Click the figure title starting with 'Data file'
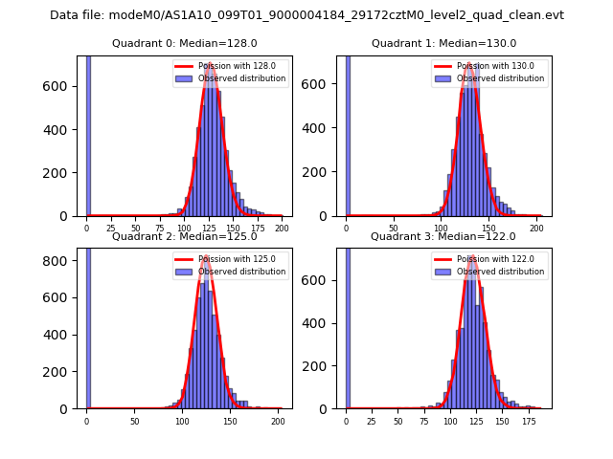[x=306, y=15]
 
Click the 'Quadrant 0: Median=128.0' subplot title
[x=184, y=43]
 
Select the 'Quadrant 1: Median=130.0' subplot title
[x=443, y=43]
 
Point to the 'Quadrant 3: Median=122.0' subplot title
[x=443, y=236]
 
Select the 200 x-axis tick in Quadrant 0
[x=282, y=229]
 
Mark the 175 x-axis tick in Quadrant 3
[x=528, y=422]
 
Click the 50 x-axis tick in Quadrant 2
[x=134, y=422]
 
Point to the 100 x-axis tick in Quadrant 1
[x=441, y=229]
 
